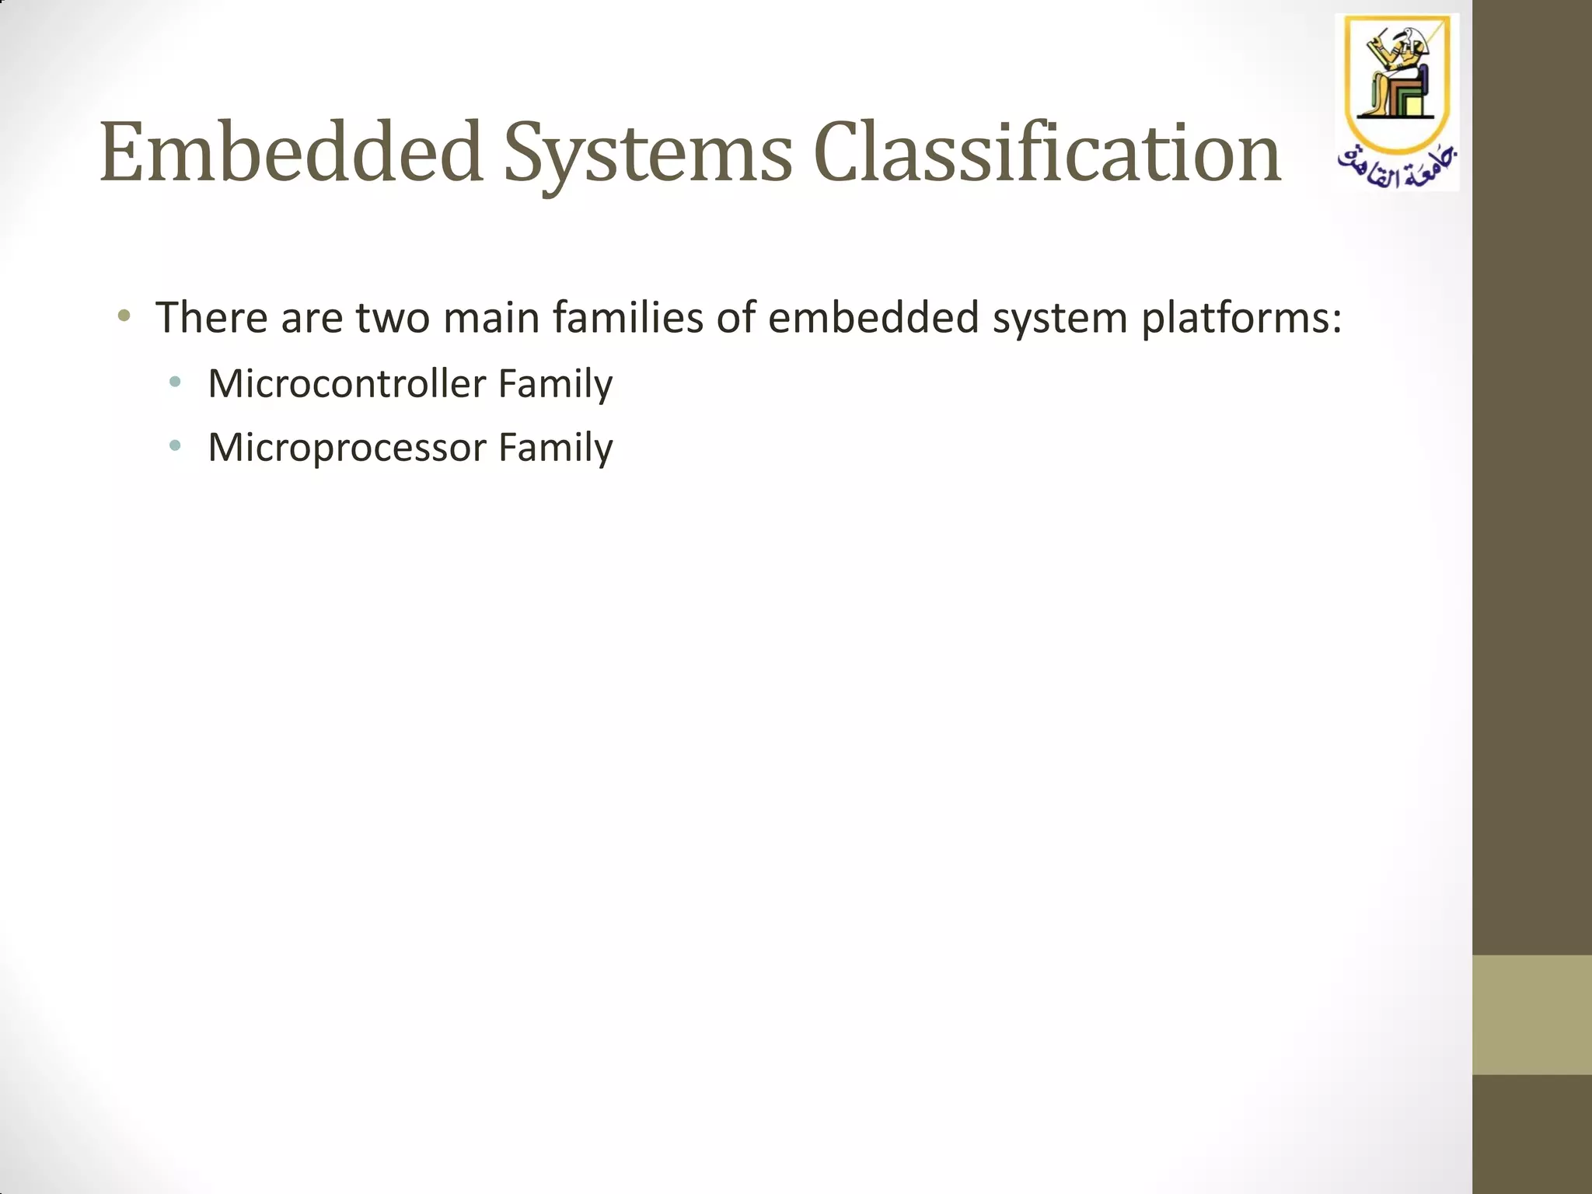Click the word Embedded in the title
tap(292, 152)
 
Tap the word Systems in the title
tap(648, 152)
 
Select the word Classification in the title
tap(1047, 152)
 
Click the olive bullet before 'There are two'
tap(124, 316)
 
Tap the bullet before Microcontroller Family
tap(175, 382)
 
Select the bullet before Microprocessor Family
tap(175, 445)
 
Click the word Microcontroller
tap(347, 383)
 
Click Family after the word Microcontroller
tap(555, 383)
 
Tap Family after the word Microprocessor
tap(555, 447)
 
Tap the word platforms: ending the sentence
tap(1241, 319)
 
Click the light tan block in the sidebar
tap(1531, 1014)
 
